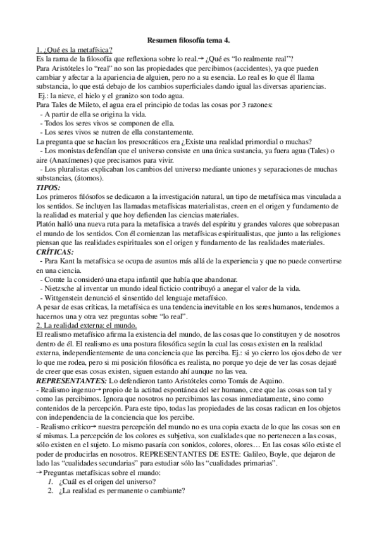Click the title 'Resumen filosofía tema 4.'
(x=189, y=39)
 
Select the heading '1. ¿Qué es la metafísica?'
(x=74, y=49)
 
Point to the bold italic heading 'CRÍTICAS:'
(x=56, y=251)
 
